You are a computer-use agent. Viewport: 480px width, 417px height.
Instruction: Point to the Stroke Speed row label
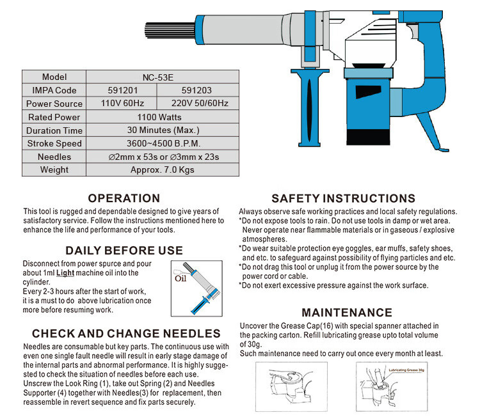54,144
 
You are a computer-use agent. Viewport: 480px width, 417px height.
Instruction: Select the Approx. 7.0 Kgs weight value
162,170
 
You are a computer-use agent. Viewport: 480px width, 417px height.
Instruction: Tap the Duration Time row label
54,130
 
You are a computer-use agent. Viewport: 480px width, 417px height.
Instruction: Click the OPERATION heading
124,199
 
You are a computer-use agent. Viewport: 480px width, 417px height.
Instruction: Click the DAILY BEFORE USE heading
124,251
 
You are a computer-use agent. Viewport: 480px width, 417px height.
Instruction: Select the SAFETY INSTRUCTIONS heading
343,199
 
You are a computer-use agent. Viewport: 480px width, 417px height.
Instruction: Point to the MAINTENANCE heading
347,313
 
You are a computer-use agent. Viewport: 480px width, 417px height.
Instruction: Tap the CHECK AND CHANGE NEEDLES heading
126,334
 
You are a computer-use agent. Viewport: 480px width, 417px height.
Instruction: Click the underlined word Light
65,273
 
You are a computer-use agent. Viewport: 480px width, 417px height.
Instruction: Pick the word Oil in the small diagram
180,279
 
